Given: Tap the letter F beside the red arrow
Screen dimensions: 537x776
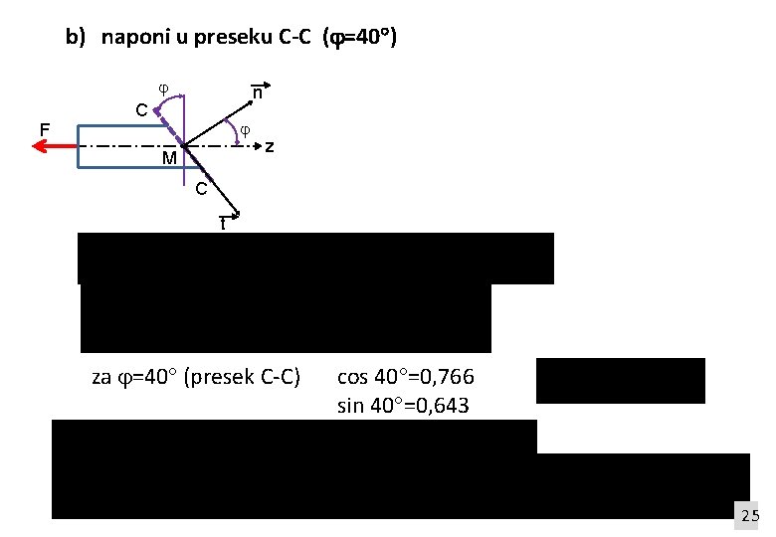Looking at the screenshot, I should [44, 128].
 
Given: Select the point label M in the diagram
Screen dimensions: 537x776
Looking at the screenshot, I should [169, 159].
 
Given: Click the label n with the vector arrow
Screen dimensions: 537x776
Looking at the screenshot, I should [257, 92].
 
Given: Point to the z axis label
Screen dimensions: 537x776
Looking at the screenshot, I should [269, 147].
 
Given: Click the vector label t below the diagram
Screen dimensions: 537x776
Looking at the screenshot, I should [224, 224].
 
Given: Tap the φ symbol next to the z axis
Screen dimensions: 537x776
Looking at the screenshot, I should [246, 129].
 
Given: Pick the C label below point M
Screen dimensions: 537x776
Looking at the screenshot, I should [200, 188].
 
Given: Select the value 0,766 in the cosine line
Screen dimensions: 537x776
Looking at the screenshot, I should [451, 378].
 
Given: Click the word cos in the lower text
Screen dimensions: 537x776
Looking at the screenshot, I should [353, 378].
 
